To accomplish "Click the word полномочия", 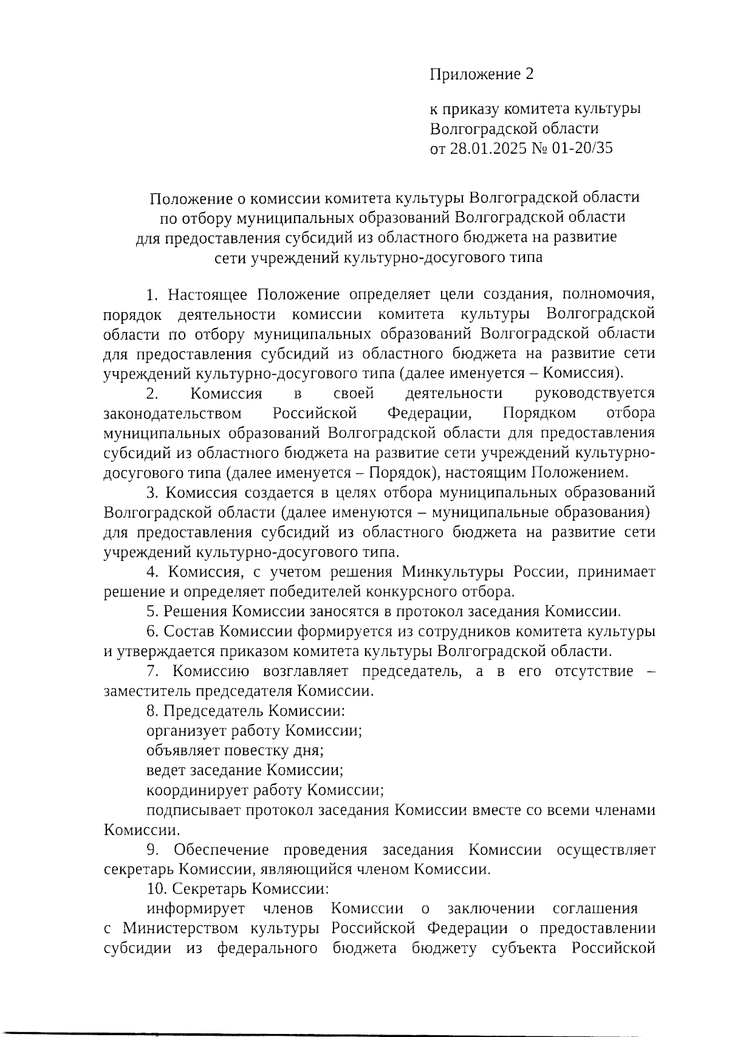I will [x=609, y=295].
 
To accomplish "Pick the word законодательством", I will [x=173, y=414].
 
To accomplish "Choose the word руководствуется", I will [x=594, y=394].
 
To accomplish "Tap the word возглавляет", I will [x=306, y=671].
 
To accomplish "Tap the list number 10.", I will [x=156, y=889].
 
